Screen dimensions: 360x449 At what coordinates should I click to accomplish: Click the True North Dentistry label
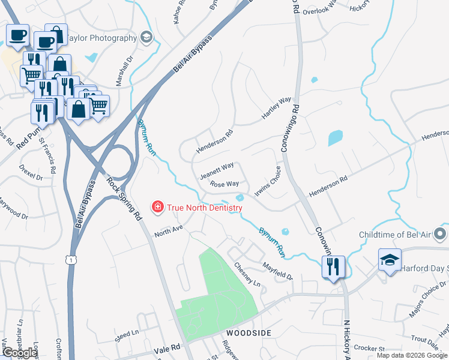click(204, 208)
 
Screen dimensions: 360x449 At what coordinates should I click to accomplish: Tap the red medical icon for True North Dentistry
click(158, 207)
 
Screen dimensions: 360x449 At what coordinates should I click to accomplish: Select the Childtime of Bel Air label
click(397, 235)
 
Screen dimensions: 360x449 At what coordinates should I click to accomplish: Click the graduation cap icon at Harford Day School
click(390, 260)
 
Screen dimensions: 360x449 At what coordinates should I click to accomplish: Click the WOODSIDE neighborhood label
click(249, 332)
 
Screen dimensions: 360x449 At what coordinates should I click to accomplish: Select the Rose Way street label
click(225, 184)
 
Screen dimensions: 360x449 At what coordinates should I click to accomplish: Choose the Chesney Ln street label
click(247, 274)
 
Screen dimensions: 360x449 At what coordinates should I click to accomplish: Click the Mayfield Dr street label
click(277, 262)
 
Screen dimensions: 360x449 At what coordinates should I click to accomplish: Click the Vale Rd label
click(166, 348)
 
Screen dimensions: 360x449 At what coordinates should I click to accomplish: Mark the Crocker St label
click(369, 348)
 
